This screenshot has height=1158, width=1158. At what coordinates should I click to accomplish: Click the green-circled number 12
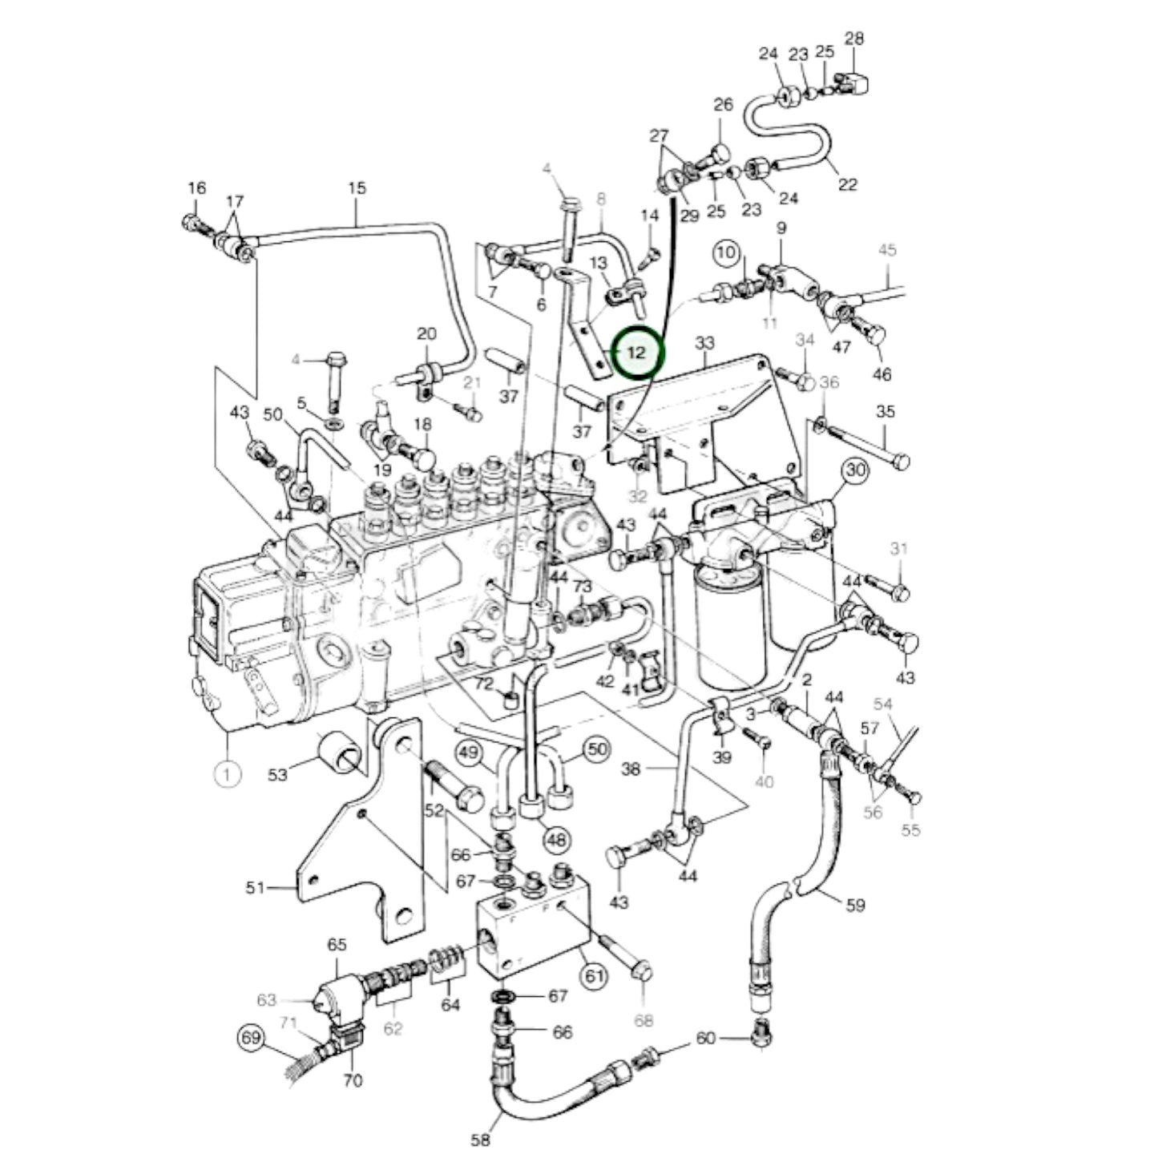638,353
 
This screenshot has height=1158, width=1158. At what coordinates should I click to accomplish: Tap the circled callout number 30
856,470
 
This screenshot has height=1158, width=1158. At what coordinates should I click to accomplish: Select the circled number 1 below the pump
228,774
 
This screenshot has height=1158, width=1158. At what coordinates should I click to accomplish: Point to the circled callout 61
594,976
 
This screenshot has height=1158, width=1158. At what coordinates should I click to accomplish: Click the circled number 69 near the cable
252,1039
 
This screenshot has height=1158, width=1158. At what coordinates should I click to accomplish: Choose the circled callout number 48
558,839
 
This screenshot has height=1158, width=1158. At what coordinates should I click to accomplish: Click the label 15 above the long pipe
357,188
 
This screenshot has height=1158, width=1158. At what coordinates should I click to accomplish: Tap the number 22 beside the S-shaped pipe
847,184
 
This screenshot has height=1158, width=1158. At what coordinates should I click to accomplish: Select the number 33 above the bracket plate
704,344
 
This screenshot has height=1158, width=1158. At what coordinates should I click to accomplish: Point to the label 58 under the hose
480,1140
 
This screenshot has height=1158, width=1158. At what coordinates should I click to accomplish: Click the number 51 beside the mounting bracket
255,887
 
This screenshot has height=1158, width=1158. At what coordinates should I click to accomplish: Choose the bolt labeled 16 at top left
192,222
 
